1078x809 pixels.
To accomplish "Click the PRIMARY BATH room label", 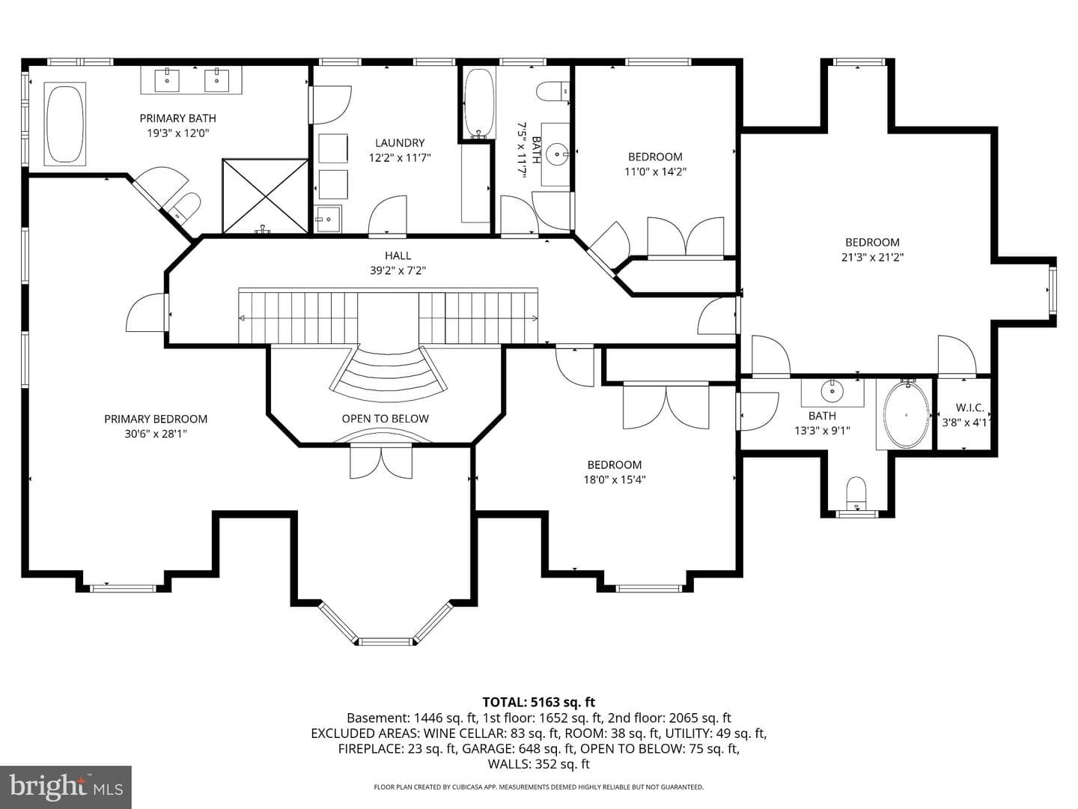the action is click(x=177, y=118).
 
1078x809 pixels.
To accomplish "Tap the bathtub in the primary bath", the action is click(x=65, y=124).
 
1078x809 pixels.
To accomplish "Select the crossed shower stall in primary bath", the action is click(x=265, y=196).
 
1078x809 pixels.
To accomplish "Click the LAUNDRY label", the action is click(x=400, y=143).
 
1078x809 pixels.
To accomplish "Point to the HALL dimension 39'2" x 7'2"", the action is click(x=398, y=270).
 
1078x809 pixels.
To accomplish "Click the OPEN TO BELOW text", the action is click(x=385, y=419).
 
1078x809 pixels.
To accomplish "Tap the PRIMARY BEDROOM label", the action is click(x=156, y=419).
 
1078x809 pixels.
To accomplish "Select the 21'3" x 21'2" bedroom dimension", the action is click(x=873, y=257).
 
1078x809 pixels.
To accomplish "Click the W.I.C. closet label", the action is click(x=970, y=407).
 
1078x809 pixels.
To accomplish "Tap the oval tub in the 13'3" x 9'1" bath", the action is click(x=906, y=416).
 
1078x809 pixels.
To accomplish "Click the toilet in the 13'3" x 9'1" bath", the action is click(x=856, y=494).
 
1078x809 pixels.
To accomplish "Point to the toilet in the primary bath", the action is click(x=185, y=206).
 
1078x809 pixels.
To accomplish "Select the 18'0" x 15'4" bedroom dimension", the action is click(x=615, y=479).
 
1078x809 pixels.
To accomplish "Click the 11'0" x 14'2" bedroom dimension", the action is click(x=655, y=172).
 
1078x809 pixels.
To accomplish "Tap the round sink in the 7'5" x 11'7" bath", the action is click(x=558, y=154).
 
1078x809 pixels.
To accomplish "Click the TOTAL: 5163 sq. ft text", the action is click(x=539, y=702).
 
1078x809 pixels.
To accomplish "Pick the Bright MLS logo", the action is click(x=66, y=787).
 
